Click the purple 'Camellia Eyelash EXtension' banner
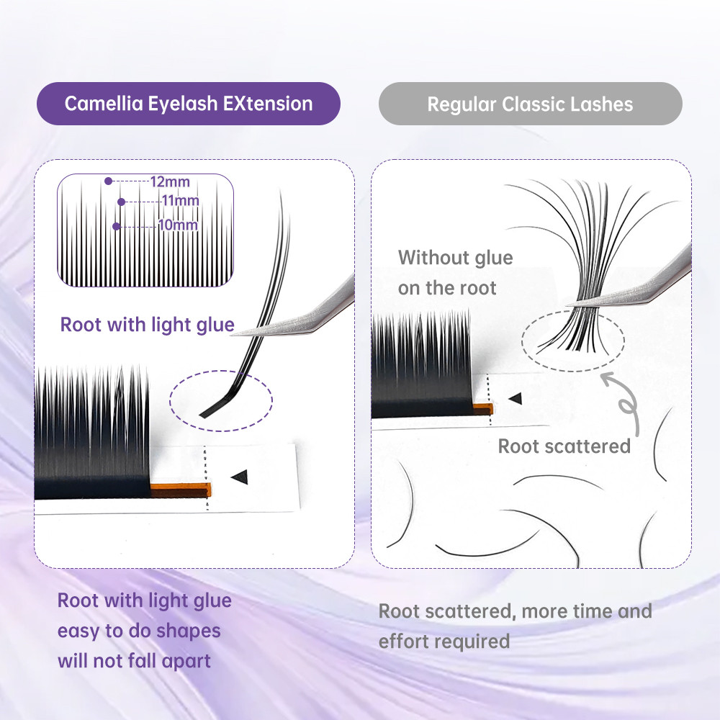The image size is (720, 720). [188, 103]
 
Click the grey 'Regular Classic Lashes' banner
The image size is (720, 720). [531, 104]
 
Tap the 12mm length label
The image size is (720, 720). [170, 182]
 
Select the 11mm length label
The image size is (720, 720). [181, 201]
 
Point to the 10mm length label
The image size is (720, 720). [178, 225]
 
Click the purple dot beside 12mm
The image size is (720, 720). [109, 181]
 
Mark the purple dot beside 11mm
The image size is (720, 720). [121, 202]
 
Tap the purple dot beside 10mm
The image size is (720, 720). [116, 226]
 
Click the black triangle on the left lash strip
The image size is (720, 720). [240, 477]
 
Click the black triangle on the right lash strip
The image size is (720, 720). [516, 398]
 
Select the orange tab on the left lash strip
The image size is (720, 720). [181, 490]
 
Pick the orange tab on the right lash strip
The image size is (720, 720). [482, 409]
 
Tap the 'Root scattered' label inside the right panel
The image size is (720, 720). [564, 446]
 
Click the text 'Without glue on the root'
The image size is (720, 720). [455, 273]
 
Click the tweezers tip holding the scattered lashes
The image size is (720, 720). [570, 305]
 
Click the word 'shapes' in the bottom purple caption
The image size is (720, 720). [188, 631]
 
